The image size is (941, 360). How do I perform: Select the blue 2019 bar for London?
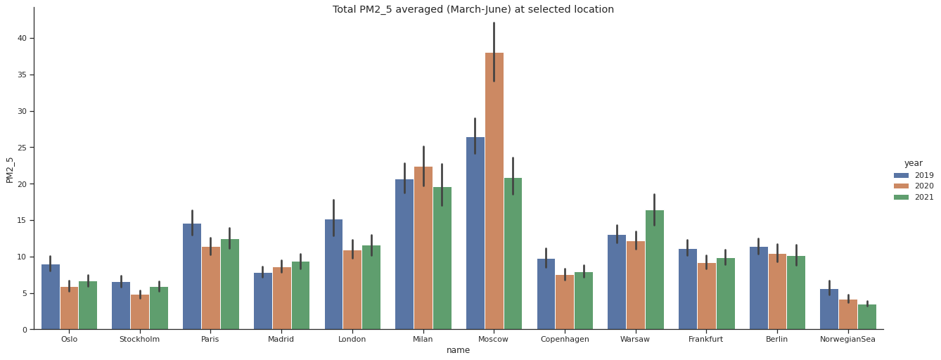[333, 274]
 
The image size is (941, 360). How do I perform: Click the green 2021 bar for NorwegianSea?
[866, 317]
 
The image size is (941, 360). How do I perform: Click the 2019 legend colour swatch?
[901, 175]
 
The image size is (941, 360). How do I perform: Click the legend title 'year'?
[913, 163]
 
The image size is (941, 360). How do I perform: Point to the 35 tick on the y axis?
[22, 75]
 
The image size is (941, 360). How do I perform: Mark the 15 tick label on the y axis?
[22, 220]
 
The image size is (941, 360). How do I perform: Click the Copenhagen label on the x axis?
[564, 339]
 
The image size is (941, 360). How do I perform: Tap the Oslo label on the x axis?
[69, 339]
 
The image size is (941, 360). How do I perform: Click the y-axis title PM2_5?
[10, 169]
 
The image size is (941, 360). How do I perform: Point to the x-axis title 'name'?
[458, 350]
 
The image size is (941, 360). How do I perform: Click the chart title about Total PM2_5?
[473, 10]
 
